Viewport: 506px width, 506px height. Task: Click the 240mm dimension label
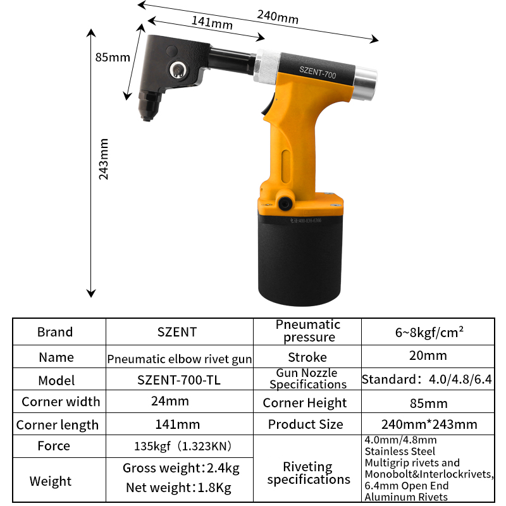[x=278, y=17]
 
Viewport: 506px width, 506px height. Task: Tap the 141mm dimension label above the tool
[x=212, y=23]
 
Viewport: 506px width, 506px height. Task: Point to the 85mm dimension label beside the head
[x=113, y=58]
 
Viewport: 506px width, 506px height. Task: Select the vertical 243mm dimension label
[x=104, y=159]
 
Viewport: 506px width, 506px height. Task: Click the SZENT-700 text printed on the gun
[x=318, y=72]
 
